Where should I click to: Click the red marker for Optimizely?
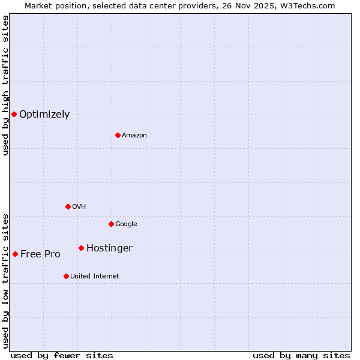[x=14, y=114]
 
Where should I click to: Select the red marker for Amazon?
[x=118, y=135]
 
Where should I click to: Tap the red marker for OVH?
[x=68, y=206]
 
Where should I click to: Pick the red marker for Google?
[x=111, y=224]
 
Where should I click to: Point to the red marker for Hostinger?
[x=81, y=248]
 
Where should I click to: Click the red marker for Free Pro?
[x=15, y=254]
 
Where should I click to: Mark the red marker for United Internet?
[x=66, y=276]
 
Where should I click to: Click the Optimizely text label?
[x=44, y=115]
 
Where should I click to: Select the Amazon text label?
[x=134, y=136]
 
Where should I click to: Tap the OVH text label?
[x=79, y=207]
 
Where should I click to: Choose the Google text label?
[x=126, y=224]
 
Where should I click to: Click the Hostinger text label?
[x=109, y=248]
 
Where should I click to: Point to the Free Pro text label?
[x=40, y=254]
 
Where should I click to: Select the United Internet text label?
[x=94, y=277]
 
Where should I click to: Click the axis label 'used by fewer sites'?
[x=62, y=355]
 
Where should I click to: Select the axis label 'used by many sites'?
[x=301, y=355]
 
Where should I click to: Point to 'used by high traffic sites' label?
[x=5, y=85]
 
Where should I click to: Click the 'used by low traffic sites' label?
[x=5, y=281]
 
